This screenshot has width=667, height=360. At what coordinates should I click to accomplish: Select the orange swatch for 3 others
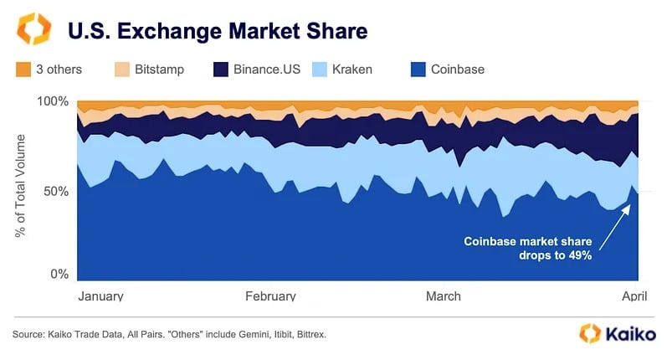(x=23, y=69)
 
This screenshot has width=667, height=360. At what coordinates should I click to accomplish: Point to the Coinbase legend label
(x=458, y=69)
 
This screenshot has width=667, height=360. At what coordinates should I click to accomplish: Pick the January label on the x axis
(x=100, y=296)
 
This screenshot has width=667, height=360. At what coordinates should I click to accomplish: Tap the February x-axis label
(x=270, y=296)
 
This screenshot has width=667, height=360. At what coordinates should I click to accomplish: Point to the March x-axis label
(x=443, y=296)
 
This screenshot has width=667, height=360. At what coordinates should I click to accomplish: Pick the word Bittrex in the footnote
(x=306, y=334)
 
